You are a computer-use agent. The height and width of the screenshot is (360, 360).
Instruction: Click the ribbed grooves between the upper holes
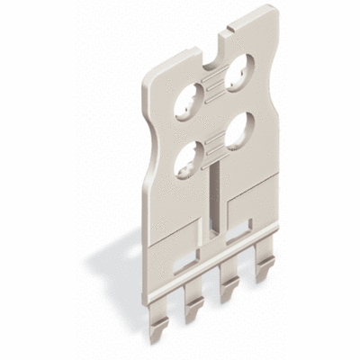pos(218,83)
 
